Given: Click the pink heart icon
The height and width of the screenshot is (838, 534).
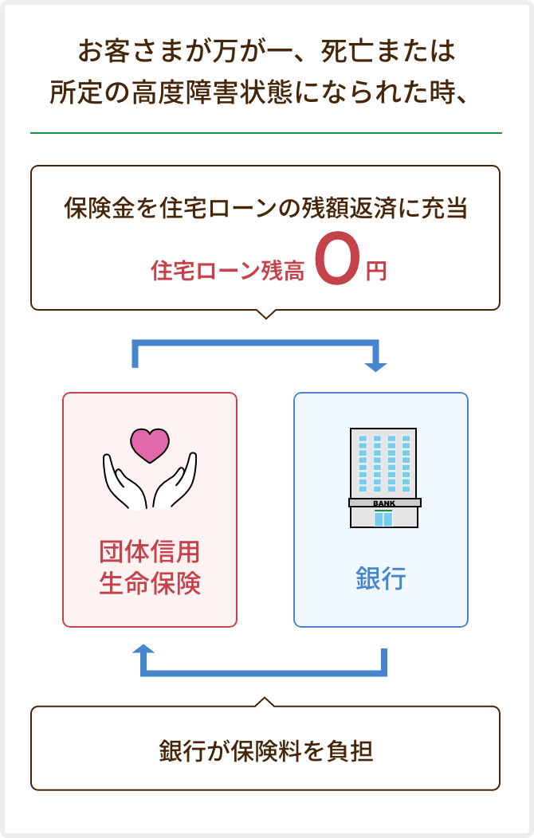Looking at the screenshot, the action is (150, 445).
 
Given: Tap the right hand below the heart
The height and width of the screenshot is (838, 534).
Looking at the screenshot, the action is (175, 482).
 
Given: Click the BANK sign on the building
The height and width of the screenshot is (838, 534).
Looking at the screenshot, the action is (384, 503).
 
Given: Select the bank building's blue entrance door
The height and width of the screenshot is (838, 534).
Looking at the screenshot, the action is (383, 519).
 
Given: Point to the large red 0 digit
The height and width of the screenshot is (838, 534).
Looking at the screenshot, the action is (337, 258).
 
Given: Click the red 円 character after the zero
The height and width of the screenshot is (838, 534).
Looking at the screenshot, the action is (375, 271).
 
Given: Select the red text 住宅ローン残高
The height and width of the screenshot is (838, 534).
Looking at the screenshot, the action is (227, 271).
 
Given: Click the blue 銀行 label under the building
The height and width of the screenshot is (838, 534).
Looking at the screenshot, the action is (381, 578).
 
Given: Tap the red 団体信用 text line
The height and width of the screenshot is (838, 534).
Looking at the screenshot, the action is (150, 551).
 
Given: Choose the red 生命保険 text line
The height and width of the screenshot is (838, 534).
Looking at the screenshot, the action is (150, 583).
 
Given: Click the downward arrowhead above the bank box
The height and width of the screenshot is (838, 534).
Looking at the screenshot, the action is (375, 366).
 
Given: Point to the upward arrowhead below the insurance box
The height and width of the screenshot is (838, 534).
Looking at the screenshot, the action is (143, 650).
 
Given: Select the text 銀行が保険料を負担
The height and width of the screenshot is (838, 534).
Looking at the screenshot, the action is (265, 750).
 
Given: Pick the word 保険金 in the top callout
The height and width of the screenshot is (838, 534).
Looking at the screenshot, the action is (100, 208).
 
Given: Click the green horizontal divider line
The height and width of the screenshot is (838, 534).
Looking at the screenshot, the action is (266, 132).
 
